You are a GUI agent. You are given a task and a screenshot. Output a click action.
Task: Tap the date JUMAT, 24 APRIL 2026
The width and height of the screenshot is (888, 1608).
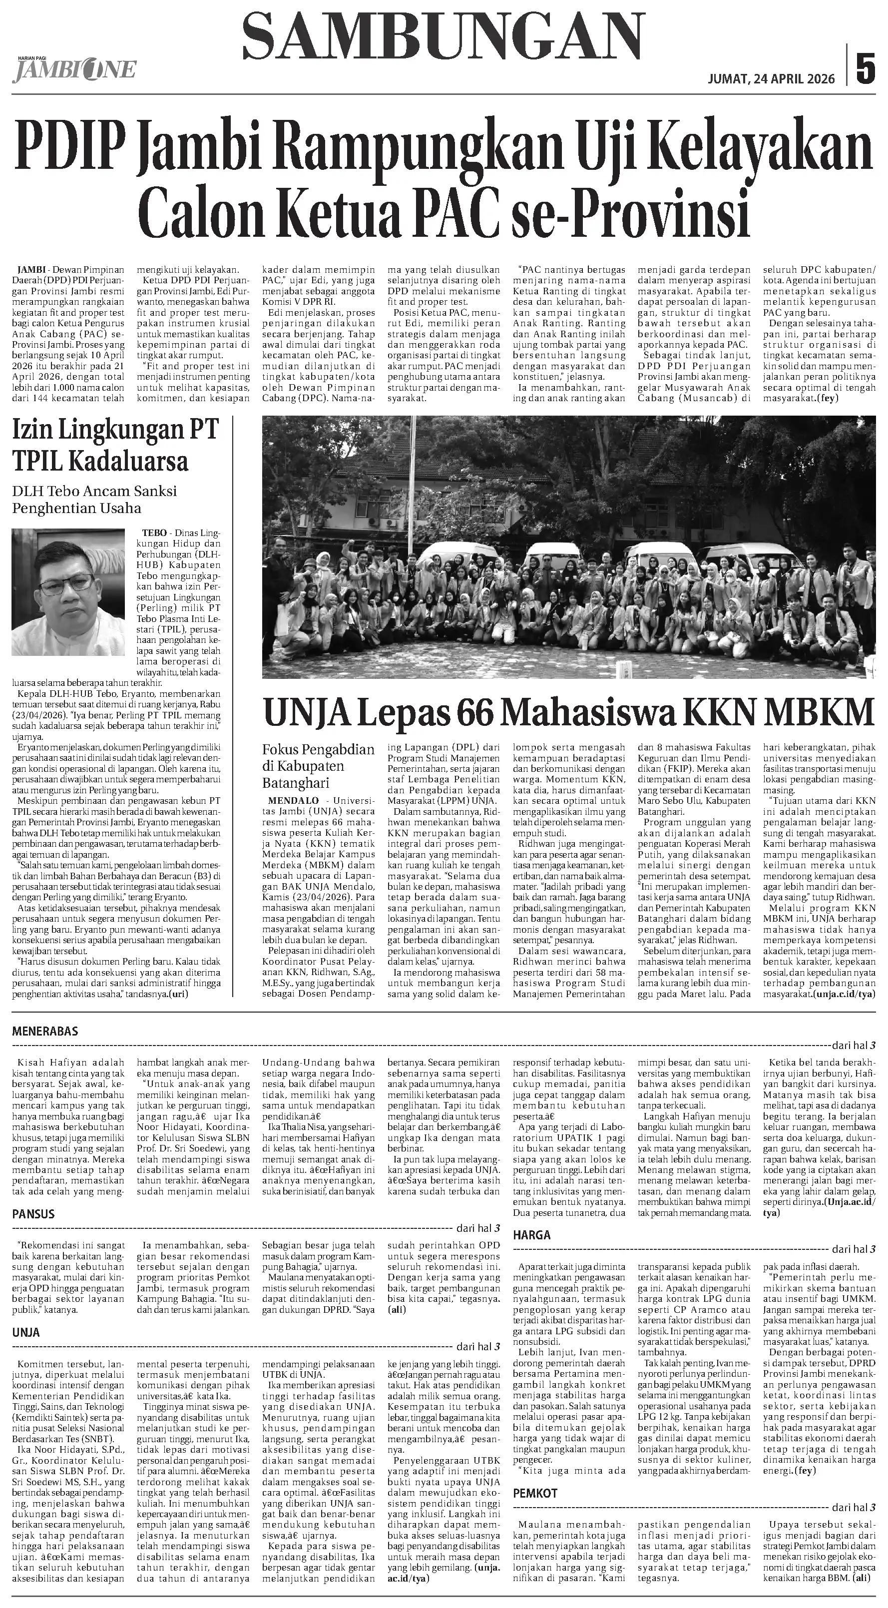tap(771, 79)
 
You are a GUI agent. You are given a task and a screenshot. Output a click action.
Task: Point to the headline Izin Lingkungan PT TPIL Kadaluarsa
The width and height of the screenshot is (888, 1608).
tap(115, 446)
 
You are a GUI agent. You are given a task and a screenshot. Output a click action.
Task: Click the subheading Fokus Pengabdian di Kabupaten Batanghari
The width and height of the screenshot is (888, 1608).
tap(318, 766)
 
